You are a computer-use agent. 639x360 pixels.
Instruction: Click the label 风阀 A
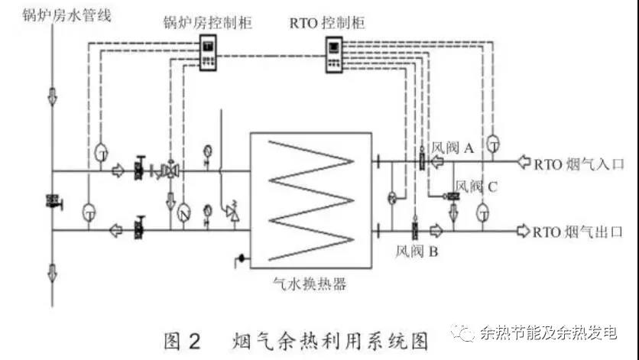453,148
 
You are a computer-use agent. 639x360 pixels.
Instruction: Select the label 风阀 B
417,250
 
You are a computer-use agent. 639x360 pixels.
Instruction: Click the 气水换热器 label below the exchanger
310,284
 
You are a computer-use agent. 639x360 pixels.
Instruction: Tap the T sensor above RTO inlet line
494,143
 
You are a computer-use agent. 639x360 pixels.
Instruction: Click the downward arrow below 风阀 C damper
452,212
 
